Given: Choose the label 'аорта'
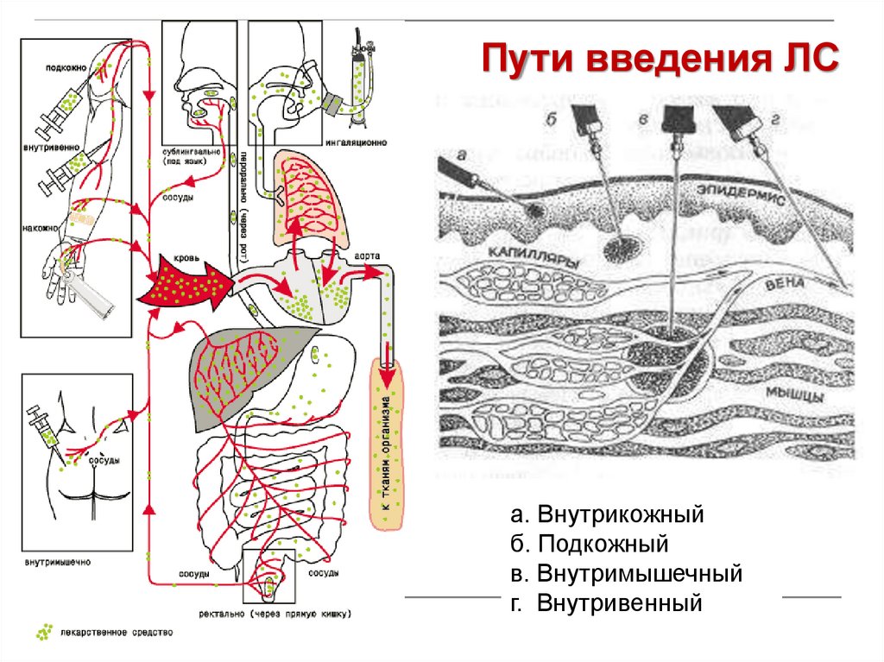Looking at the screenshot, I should [363, 256].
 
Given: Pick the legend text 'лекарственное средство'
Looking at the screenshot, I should [117, 633].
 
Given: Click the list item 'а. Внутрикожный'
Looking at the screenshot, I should [608, 516].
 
